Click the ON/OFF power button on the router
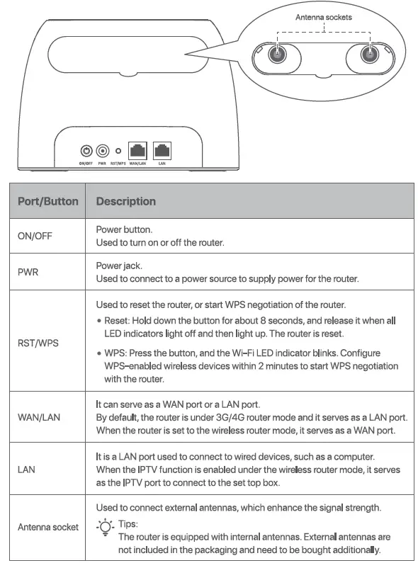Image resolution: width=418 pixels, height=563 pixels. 86,151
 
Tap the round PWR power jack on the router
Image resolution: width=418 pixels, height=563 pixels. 103,151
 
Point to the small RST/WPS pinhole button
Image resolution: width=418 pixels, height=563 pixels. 118,152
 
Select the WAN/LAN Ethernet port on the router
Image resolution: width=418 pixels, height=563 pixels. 137,151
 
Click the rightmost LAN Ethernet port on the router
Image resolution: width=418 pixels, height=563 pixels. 162,151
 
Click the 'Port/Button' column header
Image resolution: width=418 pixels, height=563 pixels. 47,201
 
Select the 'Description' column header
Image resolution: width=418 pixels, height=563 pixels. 125,201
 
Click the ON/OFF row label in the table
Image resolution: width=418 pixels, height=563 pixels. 35,237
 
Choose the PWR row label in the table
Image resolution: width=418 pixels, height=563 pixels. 28,273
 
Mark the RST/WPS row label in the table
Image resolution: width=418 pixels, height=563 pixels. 38,342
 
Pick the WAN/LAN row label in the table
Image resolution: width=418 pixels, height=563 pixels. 39,417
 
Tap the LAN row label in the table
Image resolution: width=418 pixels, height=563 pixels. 27,469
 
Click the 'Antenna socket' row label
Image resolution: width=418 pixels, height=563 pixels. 48,527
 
